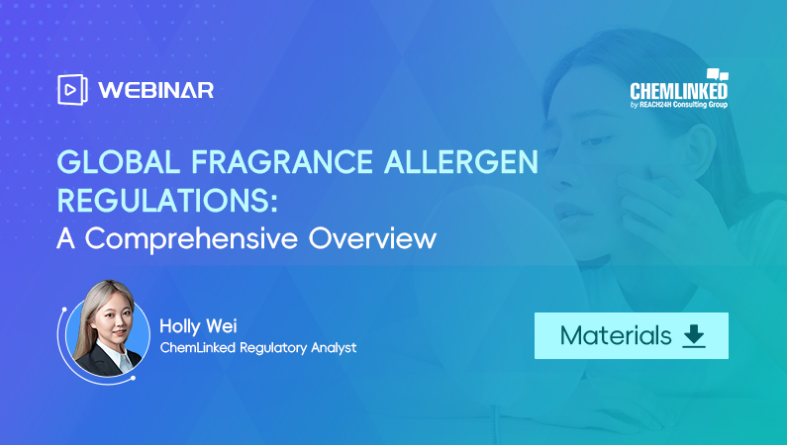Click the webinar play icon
click(72, 90)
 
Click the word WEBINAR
click(156, 90)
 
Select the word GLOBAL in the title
click(119, 162)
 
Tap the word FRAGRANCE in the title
click(281, 162)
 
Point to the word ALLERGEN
click(460, 162)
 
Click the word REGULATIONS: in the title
click(167, 201)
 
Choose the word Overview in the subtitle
click(372, 238)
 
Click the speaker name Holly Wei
click(198, 326)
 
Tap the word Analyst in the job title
click(334, 348)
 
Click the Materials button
click(631, 335)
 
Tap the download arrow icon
click(694, 336)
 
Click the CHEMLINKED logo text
click(678, 91)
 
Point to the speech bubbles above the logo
click(718, 75)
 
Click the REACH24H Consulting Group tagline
click(678, 104)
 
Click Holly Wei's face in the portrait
click(114, 321)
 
